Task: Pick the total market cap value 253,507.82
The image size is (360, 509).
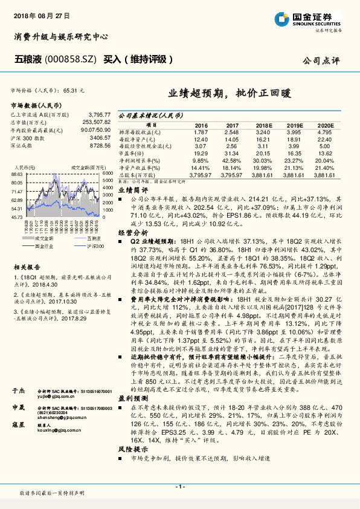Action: [93, 122]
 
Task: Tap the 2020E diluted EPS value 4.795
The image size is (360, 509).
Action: [324, 132]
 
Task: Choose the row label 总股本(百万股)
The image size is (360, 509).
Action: [137, 174]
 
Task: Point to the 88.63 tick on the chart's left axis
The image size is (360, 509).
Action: [16, 173]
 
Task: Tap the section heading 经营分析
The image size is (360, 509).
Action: [132, 232]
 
